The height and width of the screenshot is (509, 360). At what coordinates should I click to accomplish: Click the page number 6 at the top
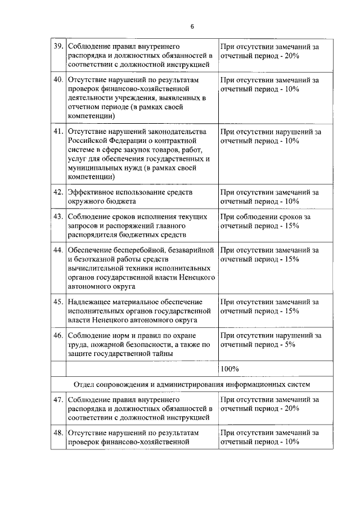192,26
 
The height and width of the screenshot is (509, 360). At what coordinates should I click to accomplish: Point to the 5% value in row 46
290,344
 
